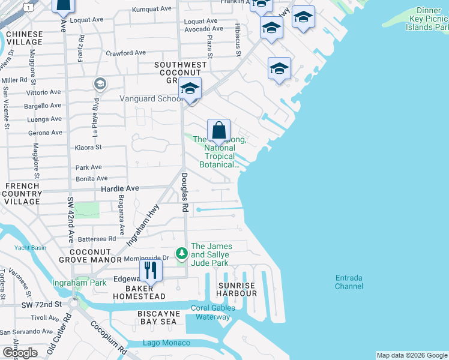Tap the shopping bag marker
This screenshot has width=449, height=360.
pyautogui.click(x=219, y=130)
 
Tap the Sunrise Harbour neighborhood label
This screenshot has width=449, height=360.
pyautogui.click(x=238, y=289)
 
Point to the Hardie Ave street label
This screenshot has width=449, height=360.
pyautogui.click(x=119, y=188)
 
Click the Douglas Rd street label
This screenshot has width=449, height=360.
pyautogui.click(x=185, y=192)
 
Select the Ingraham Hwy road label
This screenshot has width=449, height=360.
pyautogui.click(x=142, y=224)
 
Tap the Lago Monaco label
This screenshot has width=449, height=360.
pyautogui.click(x=166, y=343)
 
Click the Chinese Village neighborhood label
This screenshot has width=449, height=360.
pyautogui.click(x=23, y=38)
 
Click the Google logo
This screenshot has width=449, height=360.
pyautogui.click(x=20, y=353)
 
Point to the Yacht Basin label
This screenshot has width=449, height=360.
pyautogui.click(x=30, y=248)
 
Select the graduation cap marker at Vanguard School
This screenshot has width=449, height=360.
pyautogui.click(x=190, y=89)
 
